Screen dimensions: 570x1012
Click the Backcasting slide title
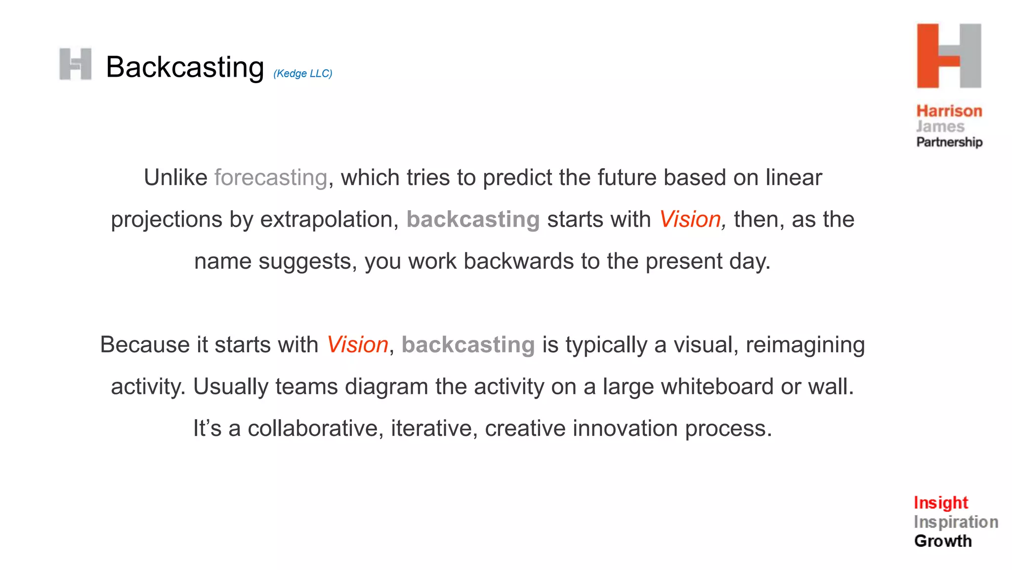click(x=185, y=67)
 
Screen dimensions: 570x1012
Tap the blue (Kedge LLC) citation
click(x=302, y=74)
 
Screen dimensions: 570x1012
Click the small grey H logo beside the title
click(x=75, y=64)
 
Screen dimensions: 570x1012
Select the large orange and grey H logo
click(x=949, y=56)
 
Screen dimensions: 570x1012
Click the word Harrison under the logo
click(x=949, y=111)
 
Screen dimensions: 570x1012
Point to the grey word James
click(x=940, y=127)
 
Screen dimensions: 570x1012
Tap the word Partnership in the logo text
click(x=949, y=142)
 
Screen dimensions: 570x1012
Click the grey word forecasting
click(x=271, y=178)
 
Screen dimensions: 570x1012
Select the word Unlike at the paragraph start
click(x=175, y=178)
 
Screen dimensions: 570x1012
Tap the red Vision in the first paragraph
click(x=690, y=220)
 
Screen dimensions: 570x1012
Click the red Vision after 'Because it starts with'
click(x=357, y=345)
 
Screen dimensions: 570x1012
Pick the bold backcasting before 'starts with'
click(x=473, y=220)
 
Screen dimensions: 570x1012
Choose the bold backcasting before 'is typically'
click(x=468, y=345)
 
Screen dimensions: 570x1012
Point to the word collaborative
click(x=315, y=428)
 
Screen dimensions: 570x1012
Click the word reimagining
click(x=805, y=345)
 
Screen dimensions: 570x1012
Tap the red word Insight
click(x=940, y=503)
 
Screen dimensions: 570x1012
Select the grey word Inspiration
click(x=956, y=522)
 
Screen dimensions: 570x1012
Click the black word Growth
click(x=943, y=541)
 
